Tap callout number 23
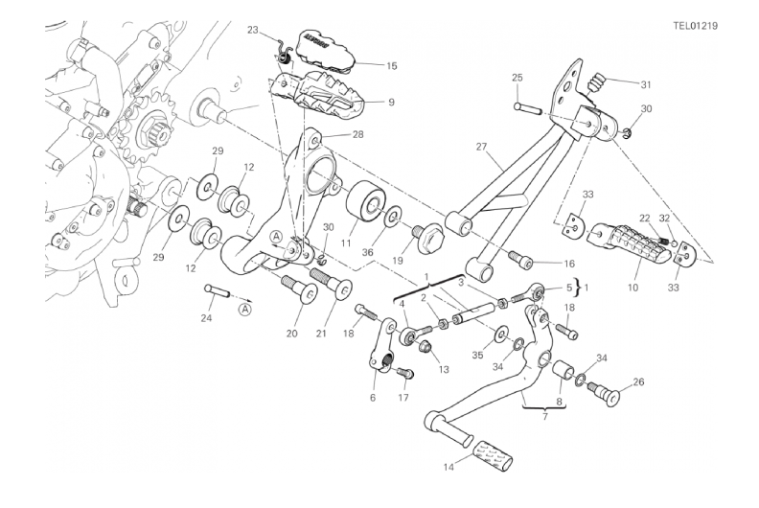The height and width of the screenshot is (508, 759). [x=253, y=30]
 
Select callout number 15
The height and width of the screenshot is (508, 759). [x=365, y=66]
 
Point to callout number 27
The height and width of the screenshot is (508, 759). [x=481, y=147]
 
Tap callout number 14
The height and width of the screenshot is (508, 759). [x=448, y=468]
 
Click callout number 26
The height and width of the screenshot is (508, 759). [x=639, y=382]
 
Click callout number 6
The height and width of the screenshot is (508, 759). [x=373, y=398]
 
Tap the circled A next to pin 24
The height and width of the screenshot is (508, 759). [x=246, y=309]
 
